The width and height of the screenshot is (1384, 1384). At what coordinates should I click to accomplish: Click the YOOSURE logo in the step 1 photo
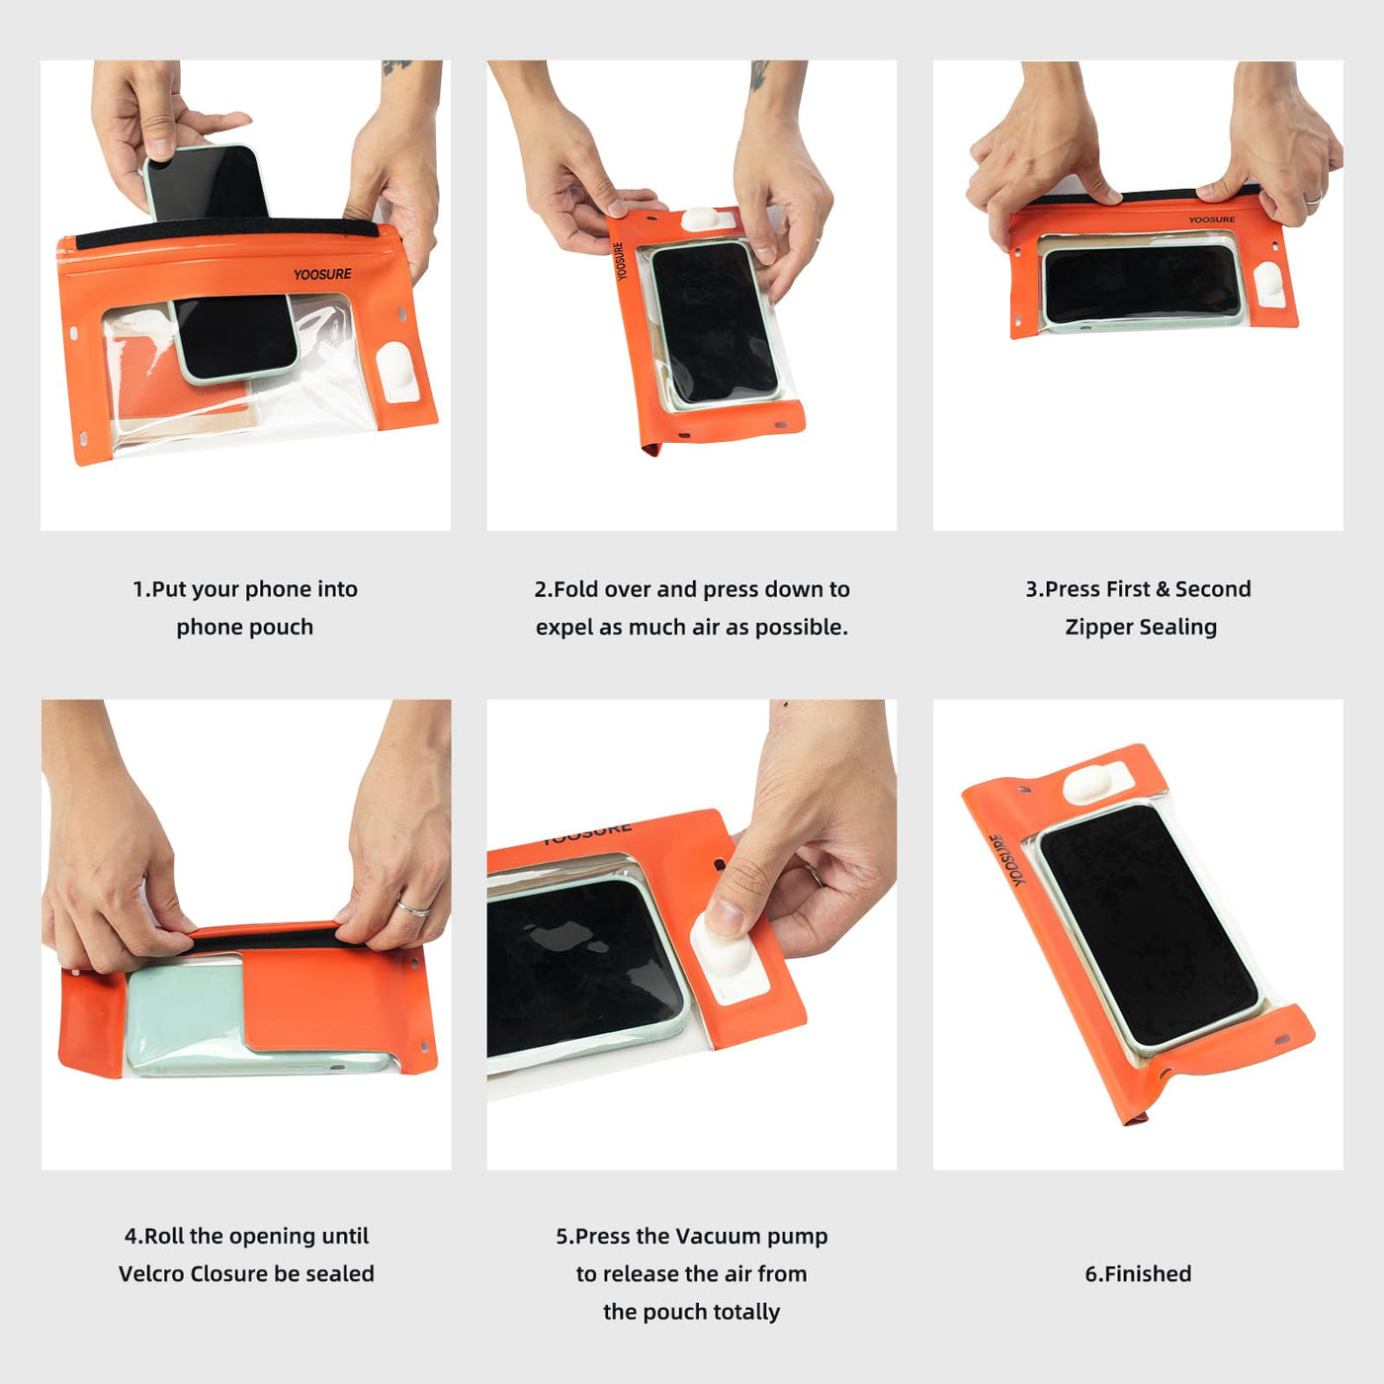click(322, 274)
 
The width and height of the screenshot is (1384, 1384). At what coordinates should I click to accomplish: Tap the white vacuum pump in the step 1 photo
click(397, 372)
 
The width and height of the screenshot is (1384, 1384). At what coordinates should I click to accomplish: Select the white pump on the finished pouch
click(1096, 784)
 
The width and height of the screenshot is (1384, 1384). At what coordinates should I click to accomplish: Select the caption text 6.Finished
click(1138, 1273)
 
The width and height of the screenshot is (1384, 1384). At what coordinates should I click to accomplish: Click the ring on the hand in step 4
click(413, 908)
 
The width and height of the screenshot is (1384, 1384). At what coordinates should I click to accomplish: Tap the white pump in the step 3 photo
click(1268, 284)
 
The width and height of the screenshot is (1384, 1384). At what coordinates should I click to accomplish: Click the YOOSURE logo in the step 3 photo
click(1212, 219)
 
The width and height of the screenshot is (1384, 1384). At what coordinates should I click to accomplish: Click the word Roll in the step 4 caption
click(164, 1236)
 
